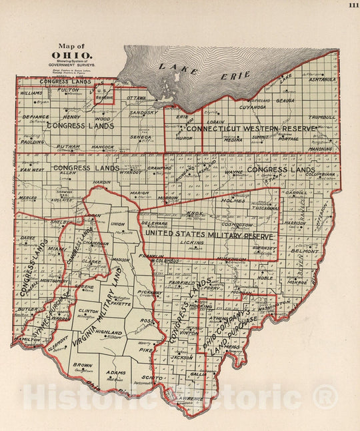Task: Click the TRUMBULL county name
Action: (x=323, y=116)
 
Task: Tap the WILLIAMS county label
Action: (x=31, y=93)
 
